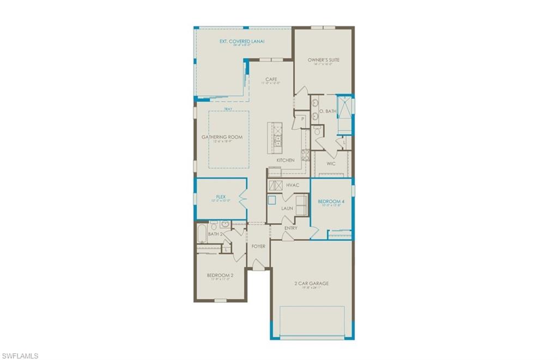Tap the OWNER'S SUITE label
pyautogui.click(x=323, y=60)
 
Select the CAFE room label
pyautogui.click(x=271, y=80)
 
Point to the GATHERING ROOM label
pyautogui.click(x=222, y=137)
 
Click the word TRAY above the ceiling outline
pyautogui.click(x=228, y=109)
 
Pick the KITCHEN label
pyautogui.click(x=286, y=160)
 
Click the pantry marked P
pyautogui.click(x=302, y=118)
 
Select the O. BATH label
pyautogui.click(x=327, y=111)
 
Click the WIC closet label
pyautogui.click(x=331, y=163)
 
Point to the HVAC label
pyautogui.click(x=293, y=185)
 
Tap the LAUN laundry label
pyautogui.click(x=287, y=208)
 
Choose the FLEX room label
pyautogui.click(x=221, y=197)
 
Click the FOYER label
pyautogui.click(x=258, y=246)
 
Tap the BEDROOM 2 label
pyautogui.click(x=220, y=276)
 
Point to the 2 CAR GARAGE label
pyautogui.click(x=312, y=283)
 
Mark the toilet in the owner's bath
pyautogui.click(x=317, y=131)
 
